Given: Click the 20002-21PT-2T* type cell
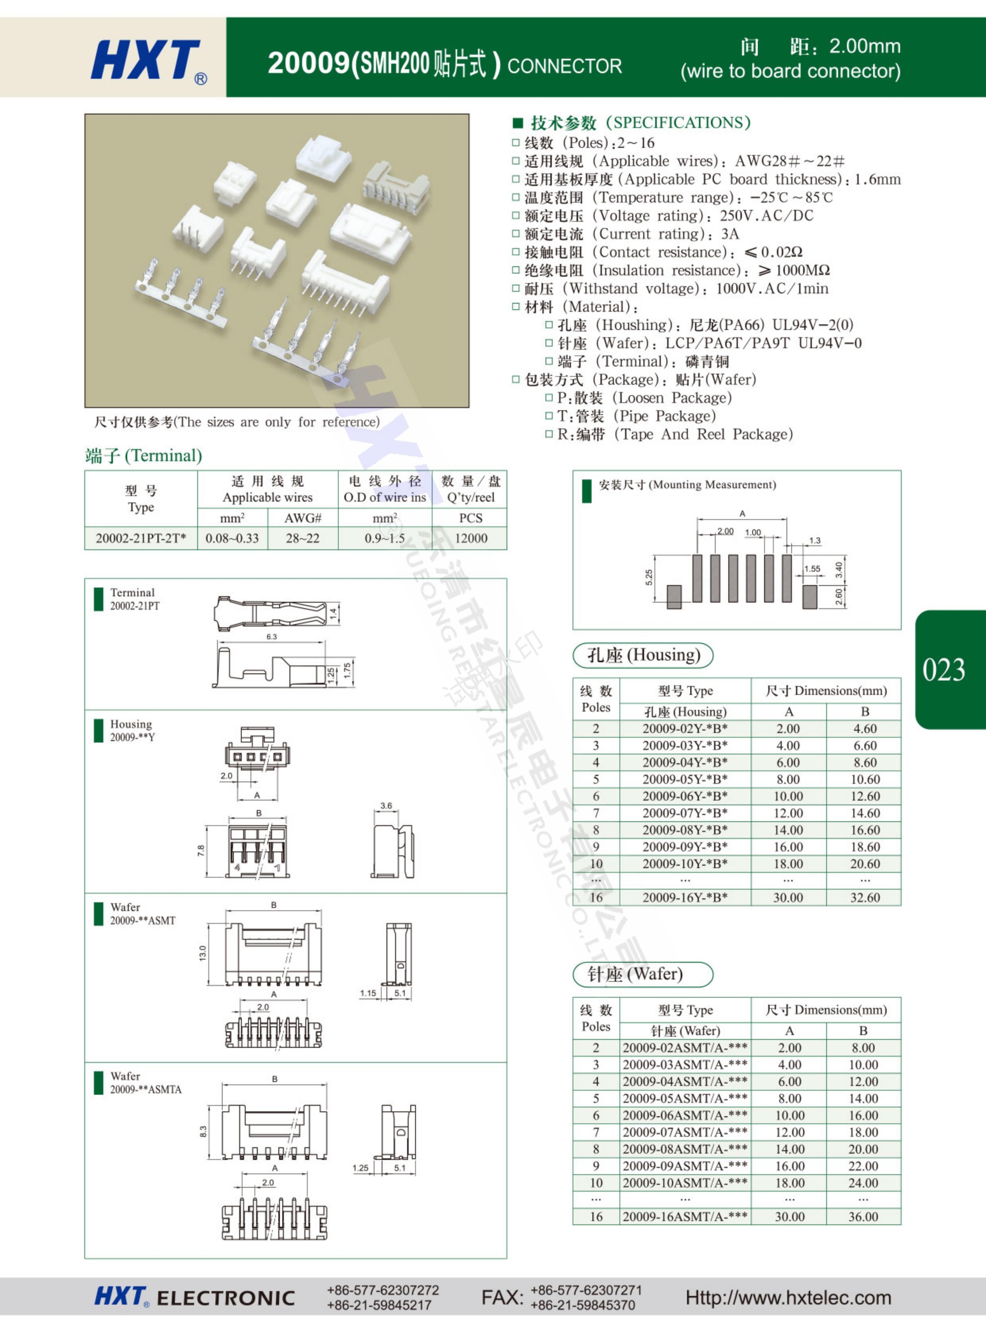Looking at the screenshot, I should point(141,538).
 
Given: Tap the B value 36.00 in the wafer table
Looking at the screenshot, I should point(863,1216).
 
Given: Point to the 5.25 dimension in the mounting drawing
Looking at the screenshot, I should point(649,578).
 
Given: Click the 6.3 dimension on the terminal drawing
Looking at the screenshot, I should point(272,637).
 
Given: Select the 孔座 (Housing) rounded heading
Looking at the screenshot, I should point(643,655).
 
